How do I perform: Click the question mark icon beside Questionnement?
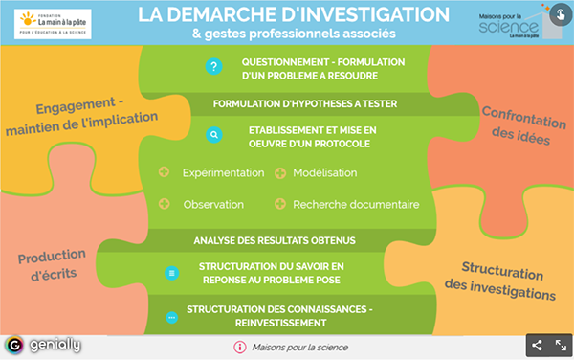click(x=213, y=67)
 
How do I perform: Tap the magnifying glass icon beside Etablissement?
click(x=213, y=136)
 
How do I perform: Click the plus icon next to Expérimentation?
click(x=164, y=172)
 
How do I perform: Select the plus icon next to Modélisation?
click(x=280, y=172)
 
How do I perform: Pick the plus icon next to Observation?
click(x=164, y=204)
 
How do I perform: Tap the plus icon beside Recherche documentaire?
click(x=280, y=204)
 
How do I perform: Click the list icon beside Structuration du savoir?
click(x=172, y=272)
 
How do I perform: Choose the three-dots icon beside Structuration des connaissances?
click(x=172, y=316)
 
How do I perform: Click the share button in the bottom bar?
click(x=537, y=346)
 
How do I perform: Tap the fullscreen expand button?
click(x=562, y=346)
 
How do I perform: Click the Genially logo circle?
click(x=14, y=346)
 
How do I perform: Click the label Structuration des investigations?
click(x=507, y=280)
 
